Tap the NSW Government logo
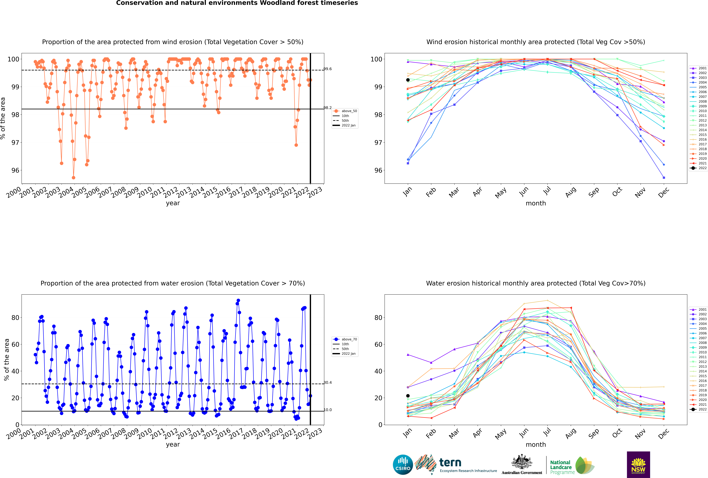tap(638, 464)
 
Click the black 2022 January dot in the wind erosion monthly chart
tap(408, 80)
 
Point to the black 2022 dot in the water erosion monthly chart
tap(408, 396)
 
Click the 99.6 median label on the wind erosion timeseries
tap(328, 69)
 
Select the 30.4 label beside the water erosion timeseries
tap(328, 383)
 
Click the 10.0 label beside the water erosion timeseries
tap(328, 410)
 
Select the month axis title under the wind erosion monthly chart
tap(536, 203)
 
